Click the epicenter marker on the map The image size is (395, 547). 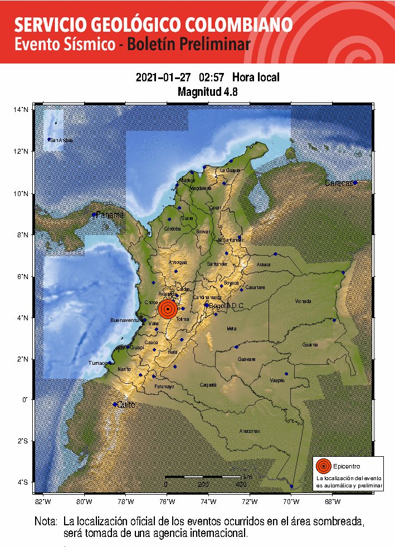pos(168,309)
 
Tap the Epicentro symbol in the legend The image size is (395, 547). pos(323,466)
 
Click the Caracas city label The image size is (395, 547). pos(339,183)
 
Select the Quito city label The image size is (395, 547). pos(125,405)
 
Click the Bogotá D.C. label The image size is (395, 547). pos(227,305)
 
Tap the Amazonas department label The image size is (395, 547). pos(249,431)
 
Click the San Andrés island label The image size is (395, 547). pos(61,140)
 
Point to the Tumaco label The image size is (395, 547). pos(97,363)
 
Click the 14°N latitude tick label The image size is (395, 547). pos(21,110)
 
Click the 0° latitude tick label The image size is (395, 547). pos(25,399)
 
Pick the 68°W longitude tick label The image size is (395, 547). pos(333,501)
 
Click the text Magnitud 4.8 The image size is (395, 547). pos(207,91)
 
